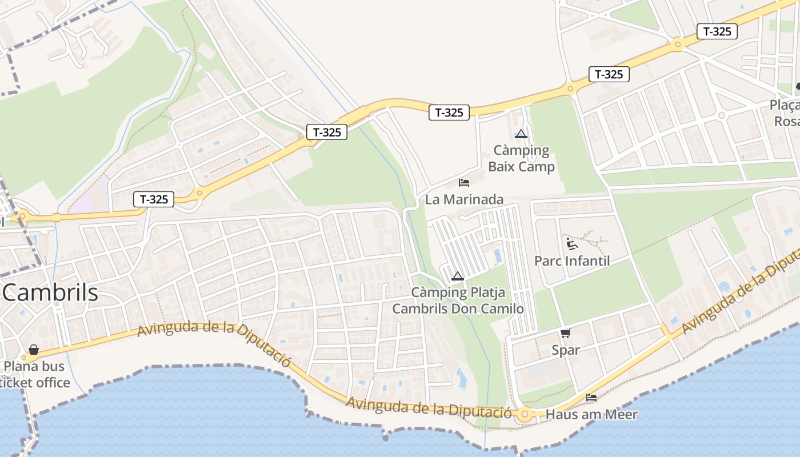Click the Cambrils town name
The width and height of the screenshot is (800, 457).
tap(50, 292)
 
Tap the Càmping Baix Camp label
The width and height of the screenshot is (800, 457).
tap(521, 158)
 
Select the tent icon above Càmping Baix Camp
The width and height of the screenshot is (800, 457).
tap(521, 134)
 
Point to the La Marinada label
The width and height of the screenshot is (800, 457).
tap(464, 199)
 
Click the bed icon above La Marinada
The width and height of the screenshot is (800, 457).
tap(464, 183)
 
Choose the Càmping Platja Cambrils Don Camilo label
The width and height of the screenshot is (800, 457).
tap(458, 300)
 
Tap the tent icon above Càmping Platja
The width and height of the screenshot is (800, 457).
tap(457, 276)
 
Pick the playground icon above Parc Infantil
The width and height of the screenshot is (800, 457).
tap(571, 243)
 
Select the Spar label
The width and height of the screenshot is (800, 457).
tap(566, 350)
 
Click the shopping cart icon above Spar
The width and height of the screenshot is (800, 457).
tap(565, 333)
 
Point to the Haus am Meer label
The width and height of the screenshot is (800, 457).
tap(591, 414)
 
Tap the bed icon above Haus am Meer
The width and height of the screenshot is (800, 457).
tap(591, 398)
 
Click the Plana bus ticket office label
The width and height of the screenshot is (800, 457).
tap(35, 374)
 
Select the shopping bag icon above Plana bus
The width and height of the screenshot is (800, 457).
tap(34, 350)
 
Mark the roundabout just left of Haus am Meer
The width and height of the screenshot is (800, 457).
tap(525, 415)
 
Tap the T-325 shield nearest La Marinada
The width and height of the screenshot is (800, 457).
tap(449, 113)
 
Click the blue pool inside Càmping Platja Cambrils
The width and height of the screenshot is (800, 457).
tap(498, 255)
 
